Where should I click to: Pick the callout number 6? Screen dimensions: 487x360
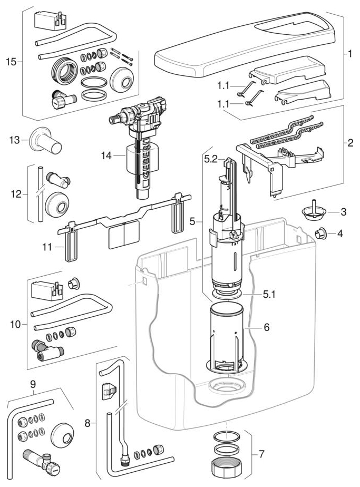(266, 327)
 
